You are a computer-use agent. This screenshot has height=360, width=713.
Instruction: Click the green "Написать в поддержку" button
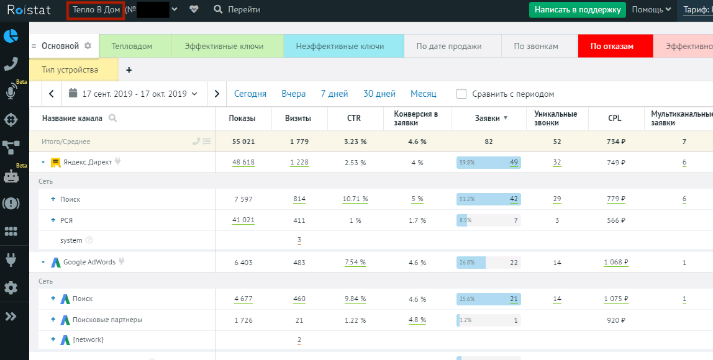(x=578, y=10)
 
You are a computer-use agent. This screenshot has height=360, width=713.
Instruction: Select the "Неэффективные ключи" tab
(x=340, y=46)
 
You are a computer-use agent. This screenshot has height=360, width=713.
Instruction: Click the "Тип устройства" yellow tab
(x=70, y=70)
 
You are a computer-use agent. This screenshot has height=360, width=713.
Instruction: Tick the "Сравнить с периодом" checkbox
(x=461, y=94)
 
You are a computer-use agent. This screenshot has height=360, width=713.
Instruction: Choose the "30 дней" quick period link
(x=379, y=94)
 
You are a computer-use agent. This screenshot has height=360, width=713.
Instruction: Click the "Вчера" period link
(x=293, y=94)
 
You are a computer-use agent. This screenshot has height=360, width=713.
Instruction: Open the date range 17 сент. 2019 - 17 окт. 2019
(x=134, y=94)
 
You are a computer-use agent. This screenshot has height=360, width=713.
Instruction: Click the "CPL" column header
(x=614, y=118)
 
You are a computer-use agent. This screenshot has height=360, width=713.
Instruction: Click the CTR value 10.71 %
(x=355, y=199)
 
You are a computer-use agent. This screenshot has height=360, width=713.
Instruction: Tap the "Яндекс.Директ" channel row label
(x=87, y=162)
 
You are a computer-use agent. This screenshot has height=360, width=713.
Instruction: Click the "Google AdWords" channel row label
(x=89, y=262)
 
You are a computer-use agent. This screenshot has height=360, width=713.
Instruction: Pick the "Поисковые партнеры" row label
(x=107, y=320)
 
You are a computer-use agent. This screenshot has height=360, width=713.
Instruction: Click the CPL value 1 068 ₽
(x=615, y=263)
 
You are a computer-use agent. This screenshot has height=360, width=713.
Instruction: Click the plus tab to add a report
(x=129, y=70)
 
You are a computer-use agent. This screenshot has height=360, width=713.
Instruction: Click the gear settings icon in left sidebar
(x=11, y=288)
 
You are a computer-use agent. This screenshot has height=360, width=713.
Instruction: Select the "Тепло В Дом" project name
(x=96, y=10)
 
